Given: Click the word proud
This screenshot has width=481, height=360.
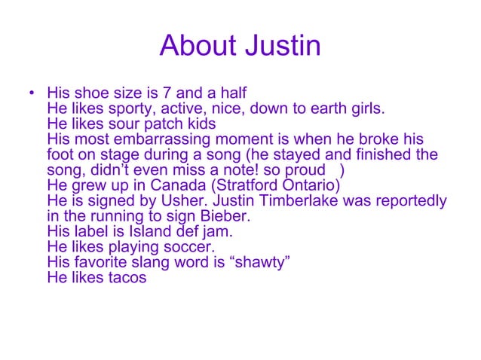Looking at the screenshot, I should point(312,170).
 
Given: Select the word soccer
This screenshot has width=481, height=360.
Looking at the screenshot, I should point(188,246).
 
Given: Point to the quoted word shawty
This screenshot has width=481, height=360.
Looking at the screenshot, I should point(257,262).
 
